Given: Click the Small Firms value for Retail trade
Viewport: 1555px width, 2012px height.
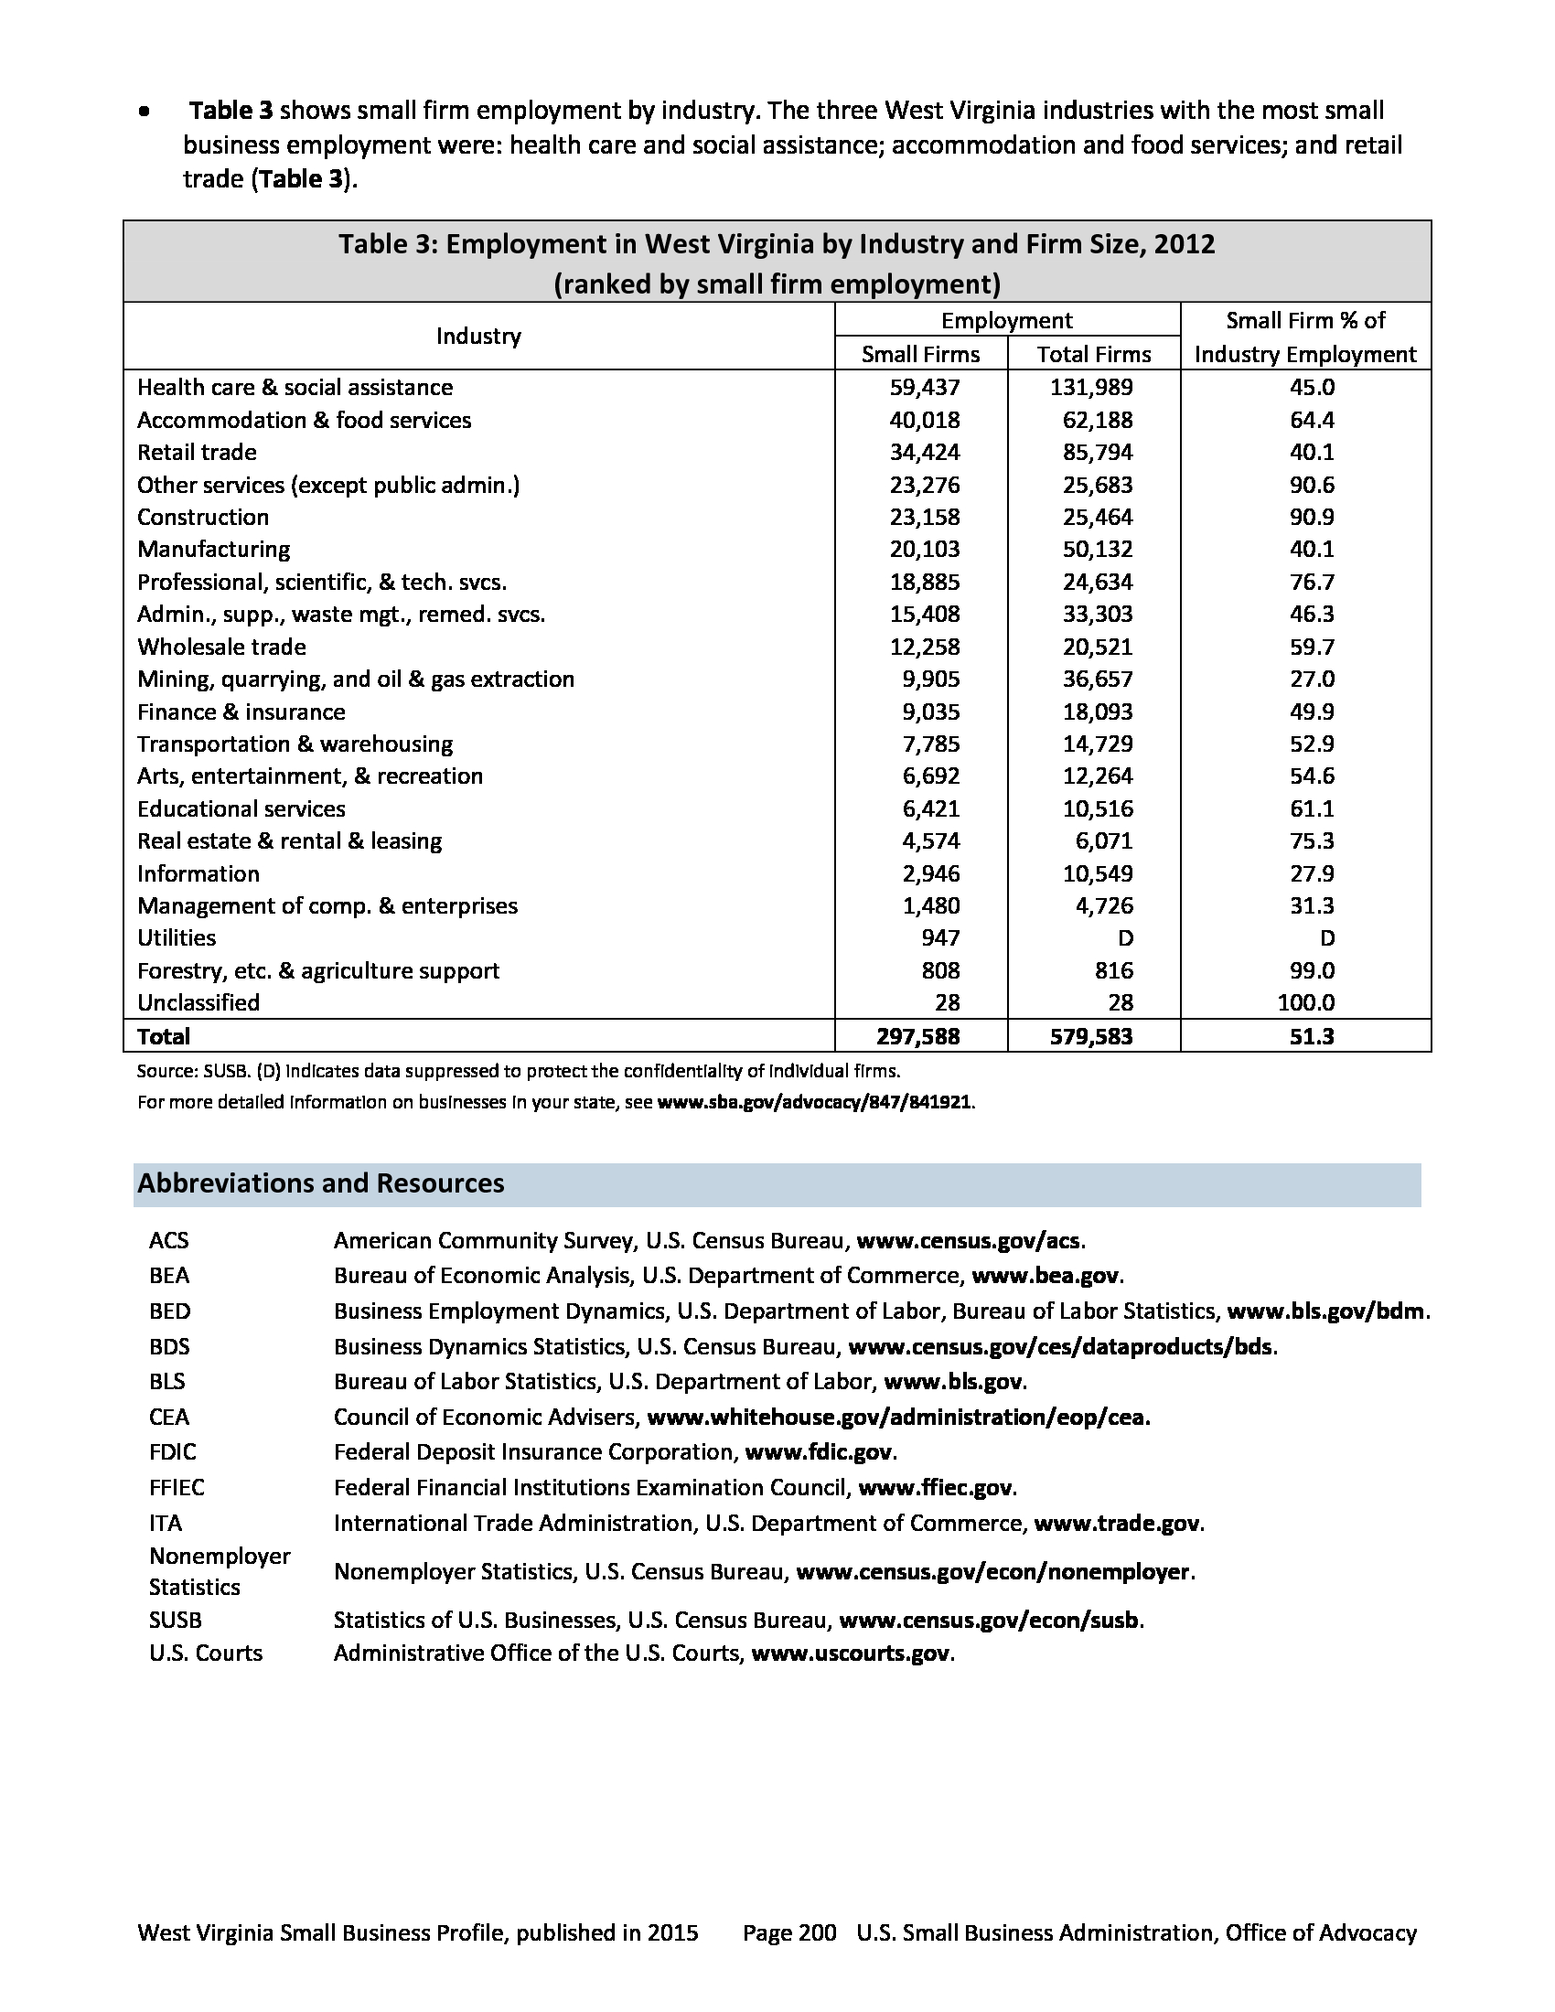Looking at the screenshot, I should pos(924,453).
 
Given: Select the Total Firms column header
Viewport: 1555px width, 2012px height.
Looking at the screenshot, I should pos(1093,355).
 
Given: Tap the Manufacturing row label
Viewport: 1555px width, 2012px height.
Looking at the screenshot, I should pos(214,550).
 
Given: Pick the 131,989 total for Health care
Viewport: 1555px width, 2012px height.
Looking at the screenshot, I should pos(1091,388).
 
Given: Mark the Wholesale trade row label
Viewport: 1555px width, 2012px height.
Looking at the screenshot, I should pos(222,647).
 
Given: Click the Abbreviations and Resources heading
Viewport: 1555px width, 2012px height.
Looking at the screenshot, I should pos(320,1183).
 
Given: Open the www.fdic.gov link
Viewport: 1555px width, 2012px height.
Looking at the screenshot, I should pos(818,1453).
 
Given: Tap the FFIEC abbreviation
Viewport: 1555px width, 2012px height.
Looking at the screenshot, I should pos(177,1488).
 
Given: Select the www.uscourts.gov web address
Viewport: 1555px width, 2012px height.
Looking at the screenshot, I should pos(851,1653).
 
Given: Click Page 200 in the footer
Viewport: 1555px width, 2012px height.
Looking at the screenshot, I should pos(789,1933).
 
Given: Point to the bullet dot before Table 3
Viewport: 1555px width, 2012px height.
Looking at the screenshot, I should pos(144,112).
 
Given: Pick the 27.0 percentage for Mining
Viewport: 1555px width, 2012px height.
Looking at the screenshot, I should pos(1312,679).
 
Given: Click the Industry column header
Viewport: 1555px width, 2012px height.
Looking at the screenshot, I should pos(478,337).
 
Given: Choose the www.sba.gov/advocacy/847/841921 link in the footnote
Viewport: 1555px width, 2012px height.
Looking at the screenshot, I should pos(814,1102).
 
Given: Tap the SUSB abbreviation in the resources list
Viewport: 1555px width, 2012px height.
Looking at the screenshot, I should pos(175,1621).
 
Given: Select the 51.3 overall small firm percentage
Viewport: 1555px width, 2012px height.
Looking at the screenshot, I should pos(1312,1036).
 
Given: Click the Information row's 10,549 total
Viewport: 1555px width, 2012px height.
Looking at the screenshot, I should pos(1097,873).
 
